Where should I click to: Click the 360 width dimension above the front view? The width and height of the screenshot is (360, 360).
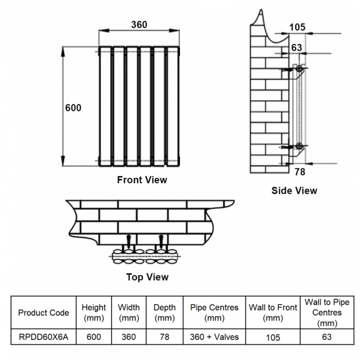point(139,25)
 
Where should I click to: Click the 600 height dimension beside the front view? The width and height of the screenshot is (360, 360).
point(73,108)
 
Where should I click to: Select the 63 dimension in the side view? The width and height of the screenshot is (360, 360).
point(297,48)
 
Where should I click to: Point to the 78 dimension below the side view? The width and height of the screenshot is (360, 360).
point(299,172)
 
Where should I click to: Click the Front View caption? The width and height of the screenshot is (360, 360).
point(142,180)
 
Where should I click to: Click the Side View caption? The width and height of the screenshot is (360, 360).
point(294,191)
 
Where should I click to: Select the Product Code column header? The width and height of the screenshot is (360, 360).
point(44,312)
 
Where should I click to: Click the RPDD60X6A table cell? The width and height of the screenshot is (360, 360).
point(44,337)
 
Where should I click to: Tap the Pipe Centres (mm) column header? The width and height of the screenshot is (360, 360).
point(214,312)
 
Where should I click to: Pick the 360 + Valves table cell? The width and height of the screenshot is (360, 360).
point(214,337)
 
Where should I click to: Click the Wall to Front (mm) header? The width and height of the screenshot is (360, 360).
point(272,312)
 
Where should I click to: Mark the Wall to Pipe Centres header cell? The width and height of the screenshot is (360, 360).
point(327,312)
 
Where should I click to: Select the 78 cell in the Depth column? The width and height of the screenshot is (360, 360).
point(164,337)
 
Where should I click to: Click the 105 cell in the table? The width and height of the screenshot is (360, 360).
point(272,337)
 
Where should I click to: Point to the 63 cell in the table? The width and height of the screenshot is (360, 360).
point(327,337)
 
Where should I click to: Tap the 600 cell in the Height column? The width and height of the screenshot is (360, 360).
point(94,337)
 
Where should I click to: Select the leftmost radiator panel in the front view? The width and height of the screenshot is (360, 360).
point(105,106)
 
